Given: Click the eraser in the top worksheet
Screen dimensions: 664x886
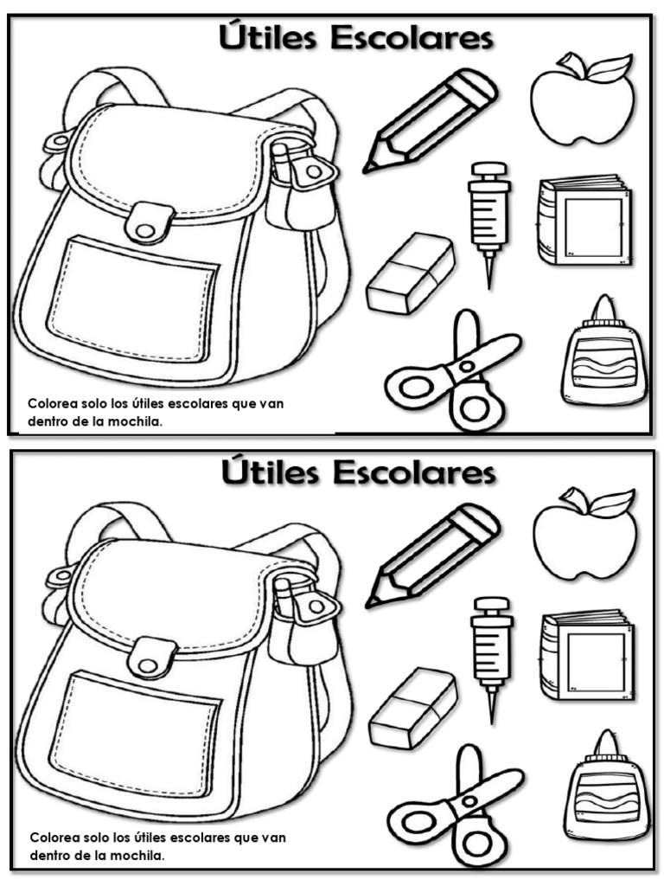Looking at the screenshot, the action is point(410,273).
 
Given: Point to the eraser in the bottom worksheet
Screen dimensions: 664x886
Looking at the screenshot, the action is point(412,708).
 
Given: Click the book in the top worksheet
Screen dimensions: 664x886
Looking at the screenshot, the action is point(585,221).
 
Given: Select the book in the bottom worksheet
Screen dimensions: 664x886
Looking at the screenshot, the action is point(588,656).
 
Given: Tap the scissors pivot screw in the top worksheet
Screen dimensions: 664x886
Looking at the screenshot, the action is point(466,366).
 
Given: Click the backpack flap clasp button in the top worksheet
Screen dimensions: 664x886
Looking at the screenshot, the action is point(145,230).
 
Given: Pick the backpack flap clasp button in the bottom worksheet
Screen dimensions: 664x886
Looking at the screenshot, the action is point(148,665).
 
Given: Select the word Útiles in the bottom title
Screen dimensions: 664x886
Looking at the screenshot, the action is point(270,471).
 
